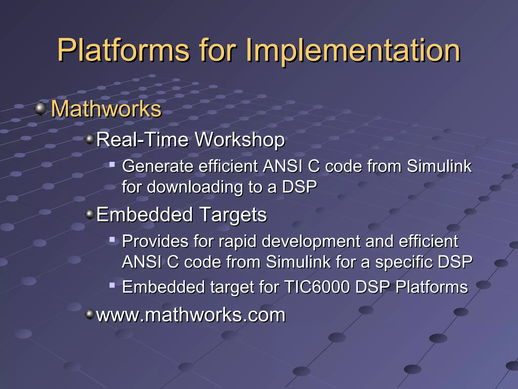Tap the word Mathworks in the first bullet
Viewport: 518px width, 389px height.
(x=106, y=109)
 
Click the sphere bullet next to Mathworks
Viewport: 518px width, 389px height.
(x=40, y=109)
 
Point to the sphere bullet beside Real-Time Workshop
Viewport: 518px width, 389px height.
(x=90, y=139)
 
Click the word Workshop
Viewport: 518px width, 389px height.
(x=240, y=140)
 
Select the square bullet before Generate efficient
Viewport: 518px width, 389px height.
(x=112, y=165)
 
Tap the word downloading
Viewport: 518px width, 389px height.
(x=195, y=187)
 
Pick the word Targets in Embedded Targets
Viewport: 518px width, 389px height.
(x=233, y=215)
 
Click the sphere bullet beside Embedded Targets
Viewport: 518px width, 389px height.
(x=90, y=214)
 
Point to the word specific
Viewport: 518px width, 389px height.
(x=404, y=262)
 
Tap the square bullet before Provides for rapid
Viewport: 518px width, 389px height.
(x=112, y=239)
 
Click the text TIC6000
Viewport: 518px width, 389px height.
(x=317, y=287)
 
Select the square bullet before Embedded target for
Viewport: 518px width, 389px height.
(x=112, y=285)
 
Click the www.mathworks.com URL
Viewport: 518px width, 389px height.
(x=191, y=315)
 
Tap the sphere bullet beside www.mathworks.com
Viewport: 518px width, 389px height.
(x=90, y=314)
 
